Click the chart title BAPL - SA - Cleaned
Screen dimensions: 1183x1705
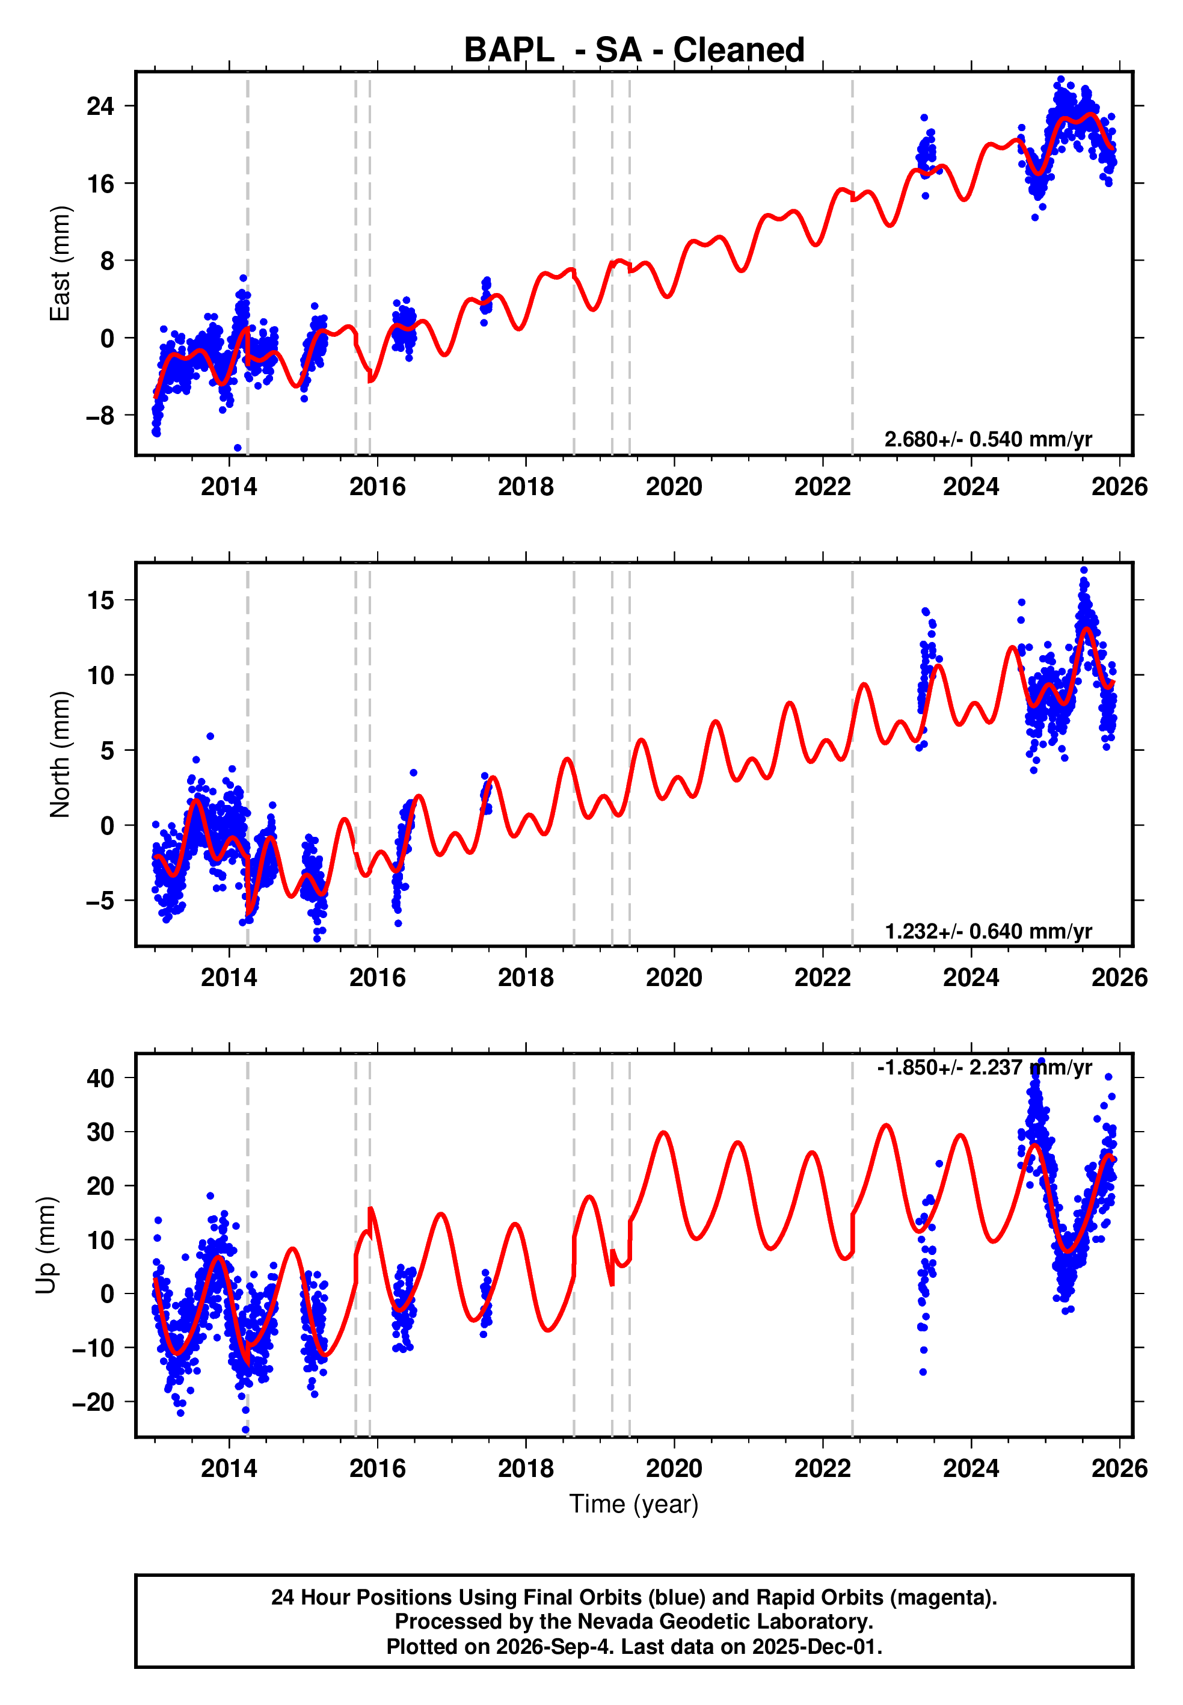click(x=634, y=51)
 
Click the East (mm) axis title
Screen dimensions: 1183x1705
click(x=60, y=263)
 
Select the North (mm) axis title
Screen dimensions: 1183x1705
click(x=60, y=754)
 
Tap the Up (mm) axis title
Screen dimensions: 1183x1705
click(x=46, y=1245)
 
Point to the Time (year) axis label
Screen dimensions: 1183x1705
click(x=634, y=1504)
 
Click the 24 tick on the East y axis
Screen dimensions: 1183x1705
click(x=101, y=106)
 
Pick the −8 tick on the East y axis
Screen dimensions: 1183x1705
click(x=101, y=416)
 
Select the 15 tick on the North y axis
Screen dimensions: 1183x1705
click(x=101, y=600)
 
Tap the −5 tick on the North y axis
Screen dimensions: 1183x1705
click(x=101, y=901)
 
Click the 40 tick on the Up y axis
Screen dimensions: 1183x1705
click(x=101, y=1078)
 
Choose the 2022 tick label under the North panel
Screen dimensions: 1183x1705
click(x=823, y=977)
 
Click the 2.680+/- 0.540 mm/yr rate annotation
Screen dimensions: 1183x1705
click(x=988, y=440)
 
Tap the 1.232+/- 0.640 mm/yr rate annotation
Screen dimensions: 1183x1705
click(x=988, y=931)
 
